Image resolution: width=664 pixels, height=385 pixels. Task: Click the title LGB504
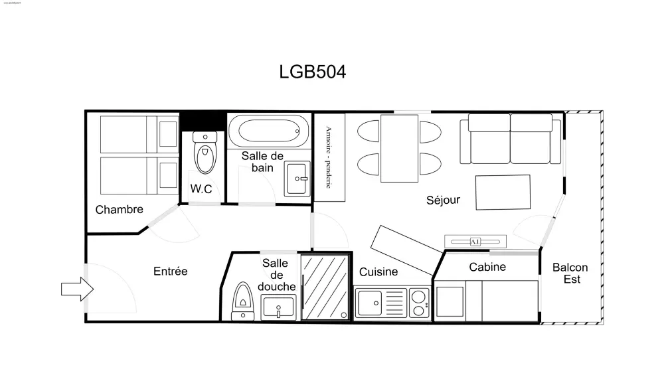click(313, 72)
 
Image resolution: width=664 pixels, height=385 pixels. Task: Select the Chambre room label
click(119, 210)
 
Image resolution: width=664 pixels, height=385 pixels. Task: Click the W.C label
click(201, 189)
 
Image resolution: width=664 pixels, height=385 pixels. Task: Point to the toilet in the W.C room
click(205, 153)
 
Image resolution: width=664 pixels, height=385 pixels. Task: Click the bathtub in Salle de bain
click(268, 131)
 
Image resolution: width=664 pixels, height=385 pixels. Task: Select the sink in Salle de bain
click(297, 178)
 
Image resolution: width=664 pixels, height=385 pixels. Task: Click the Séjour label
click(443, 200)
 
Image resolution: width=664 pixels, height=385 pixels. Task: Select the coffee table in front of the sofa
click(503, 192)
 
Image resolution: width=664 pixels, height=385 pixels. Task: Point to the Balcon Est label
click(570, 273)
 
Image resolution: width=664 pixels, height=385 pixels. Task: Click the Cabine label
click(487, 268)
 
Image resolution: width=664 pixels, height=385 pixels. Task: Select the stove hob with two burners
click(418, 303)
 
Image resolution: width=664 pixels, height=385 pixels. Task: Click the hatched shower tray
click(324, 288)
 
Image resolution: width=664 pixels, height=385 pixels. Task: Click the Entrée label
click(170, 271)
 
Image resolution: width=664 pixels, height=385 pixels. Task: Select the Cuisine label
click(378, 271)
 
